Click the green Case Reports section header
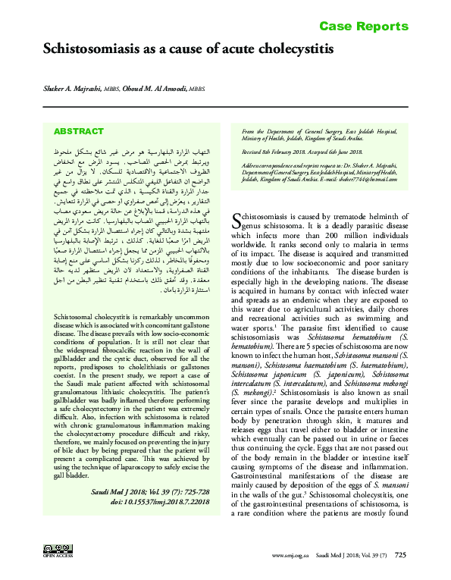[363, 27]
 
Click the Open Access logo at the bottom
[56, 550]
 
